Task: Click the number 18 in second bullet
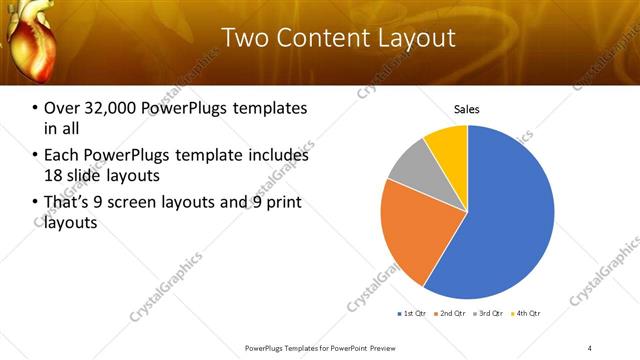tap(54, 174)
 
